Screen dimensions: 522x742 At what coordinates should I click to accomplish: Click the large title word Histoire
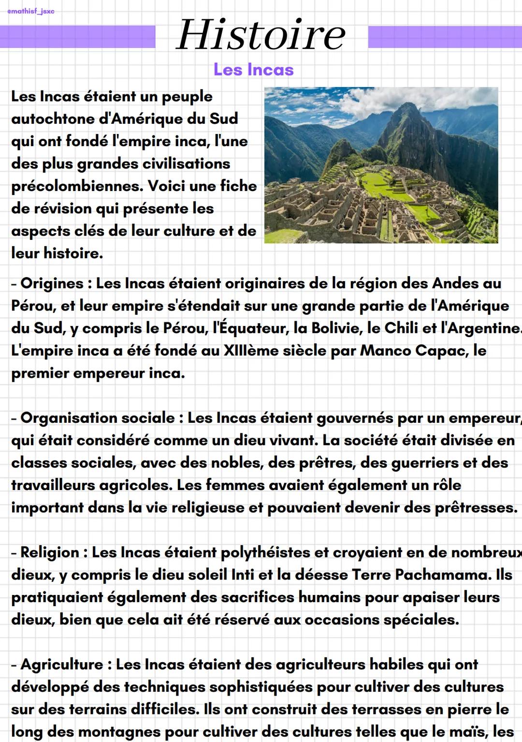(261, 35)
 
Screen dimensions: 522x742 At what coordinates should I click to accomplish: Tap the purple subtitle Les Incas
(253, 70)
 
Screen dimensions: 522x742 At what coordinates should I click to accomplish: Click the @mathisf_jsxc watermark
(31, 11)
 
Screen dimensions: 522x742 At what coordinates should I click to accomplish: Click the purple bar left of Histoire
(77, 37)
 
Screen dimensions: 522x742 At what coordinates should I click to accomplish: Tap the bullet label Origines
(52, 283)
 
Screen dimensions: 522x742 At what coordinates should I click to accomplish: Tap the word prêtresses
(476, 508)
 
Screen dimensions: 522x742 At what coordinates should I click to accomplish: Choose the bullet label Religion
(49, 552)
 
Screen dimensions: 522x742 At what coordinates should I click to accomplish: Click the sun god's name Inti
(243, 575)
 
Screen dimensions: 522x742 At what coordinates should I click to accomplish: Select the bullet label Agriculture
(62, 665)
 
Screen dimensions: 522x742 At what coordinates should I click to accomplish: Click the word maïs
(471, 731)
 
